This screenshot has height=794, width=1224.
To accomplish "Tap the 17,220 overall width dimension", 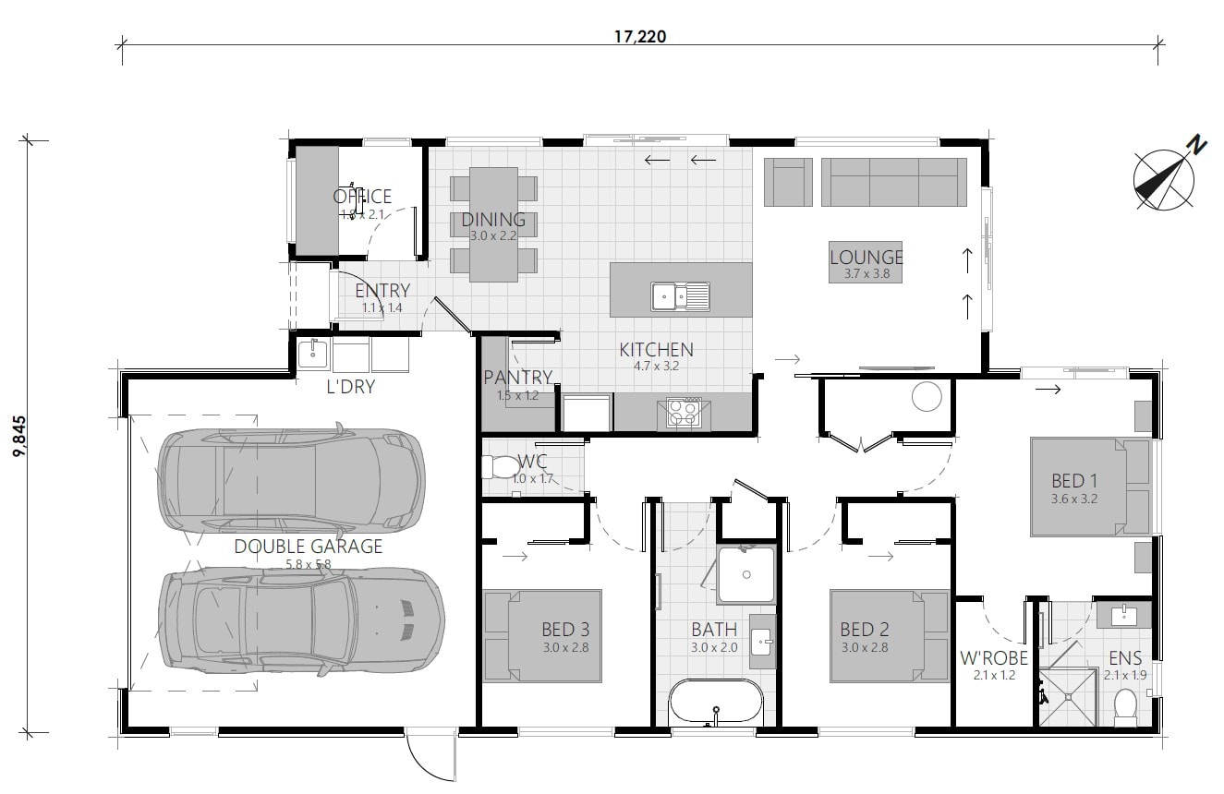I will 640,38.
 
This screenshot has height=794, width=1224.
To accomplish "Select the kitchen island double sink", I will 680,295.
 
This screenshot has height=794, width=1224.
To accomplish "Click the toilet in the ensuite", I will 1125,707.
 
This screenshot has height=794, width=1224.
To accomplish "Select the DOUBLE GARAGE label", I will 308,547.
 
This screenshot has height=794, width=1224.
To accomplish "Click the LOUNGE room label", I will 866,258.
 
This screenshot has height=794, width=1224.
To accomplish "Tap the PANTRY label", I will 517,378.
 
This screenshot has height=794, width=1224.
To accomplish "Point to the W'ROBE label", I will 993,658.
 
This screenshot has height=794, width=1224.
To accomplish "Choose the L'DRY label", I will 351,387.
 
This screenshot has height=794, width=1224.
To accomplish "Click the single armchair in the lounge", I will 788,182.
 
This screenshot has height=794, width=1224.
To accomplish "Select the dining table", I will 493,224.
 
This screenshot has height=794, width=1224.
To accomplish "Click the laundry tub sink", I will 312,355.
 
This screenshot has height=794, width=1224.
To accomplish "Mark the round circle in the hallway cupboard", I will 926,397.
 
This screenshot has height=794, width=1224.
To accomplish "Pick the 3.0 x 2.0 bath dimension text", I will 714,647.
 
